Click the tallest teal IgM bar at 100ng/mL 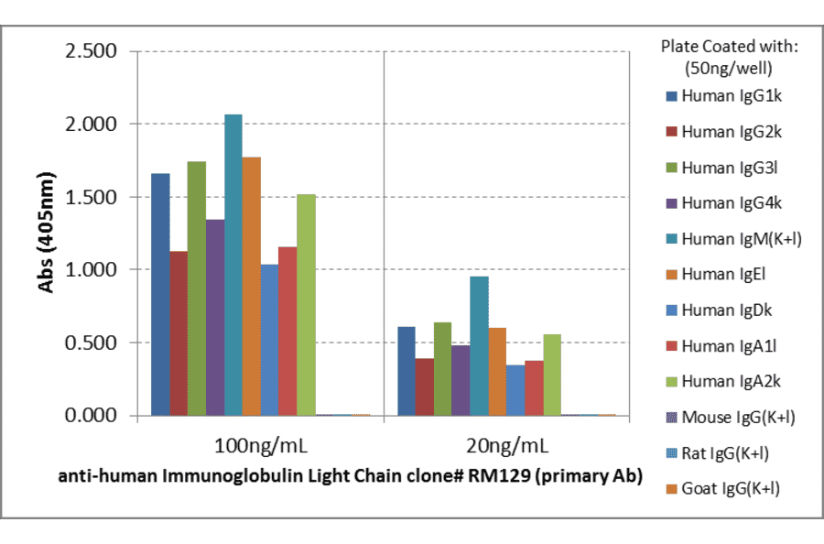pos(233,266)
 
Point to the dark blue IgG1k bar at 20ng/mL pos(407,371)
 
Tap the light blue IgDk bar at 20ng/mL pos(515,390)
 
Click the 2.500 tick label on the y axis pos(91,51)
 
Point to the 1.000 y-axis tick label pos(91,270)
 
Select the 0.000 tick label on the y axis pos(91,416)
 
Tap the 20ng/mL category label pos(506,447)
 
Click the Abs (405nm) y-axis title pos(46,233)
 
